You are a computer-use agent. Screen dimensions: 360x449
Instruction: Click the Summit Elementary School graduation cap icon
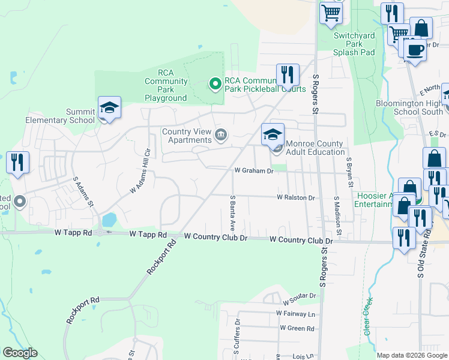point(109,107)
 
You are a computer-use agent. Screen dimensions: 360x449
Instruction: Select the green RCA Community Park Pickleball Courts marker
point(214,84)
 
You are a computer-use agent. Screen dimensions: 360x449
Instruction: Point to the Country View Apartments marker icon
point(221,134)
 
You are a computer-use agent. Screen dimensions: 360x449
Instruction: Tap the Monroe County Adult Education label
point(315,148)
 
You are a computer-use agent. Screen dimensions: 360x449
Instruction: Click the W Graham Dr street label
point(253,170)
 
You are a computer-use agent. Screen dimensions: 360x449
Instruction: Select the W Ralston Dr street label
point(295,197)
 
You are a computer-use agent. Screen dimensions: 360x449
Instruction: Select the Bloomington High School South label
point(409,107)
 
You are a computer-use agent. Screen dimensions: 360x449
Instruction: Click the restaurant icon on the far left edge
point(17,162)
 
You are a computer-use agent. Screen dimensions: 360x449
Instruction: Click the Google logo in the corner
point(20,353)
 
